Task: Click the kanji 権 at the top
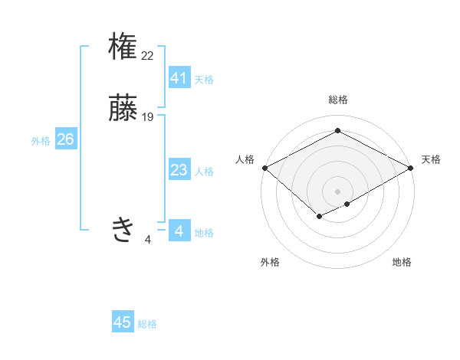pos(123,47)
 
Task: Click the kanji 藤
pos(123,108)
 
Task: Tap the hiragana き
pos(123,229)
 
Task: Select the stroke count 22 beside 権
pos(148,55)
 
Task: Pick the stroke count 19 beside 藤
pos(148,117)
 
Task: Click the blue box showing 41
pos(179,78)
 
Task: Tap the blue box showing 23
pos(179,170)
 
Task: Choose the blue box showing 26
pos(65,139)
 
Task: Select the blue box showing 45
pos(123,322)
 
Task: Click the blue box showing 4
pos(179,231)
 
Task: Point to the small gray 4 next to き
pos(148,240)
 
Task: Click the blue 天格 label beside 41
pos(204,80)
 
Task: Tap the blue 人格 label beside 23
pos(204,172)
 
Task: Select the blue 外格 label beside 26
pos(41,141)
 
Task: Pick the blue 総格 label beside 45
pos(147,324)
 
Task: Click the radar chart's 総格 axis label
pos(337,100)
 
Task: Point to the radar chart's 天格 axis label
pos(431,159)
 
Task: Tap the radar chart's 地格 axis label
pos(402,262)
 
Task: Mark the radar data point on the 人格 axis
pos(264,168)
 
